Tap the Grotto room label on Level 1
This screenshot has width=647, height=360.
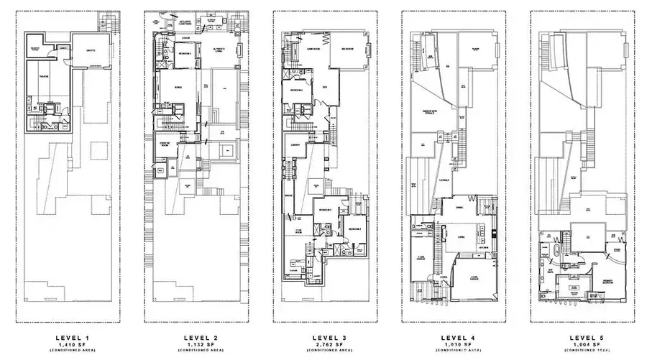[x=91, y=51]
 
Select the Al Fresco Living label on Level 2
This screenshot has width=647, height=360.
[x=220, y=50]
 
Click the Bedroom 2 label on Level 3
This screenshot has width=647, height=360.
[x=353, y=228]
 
